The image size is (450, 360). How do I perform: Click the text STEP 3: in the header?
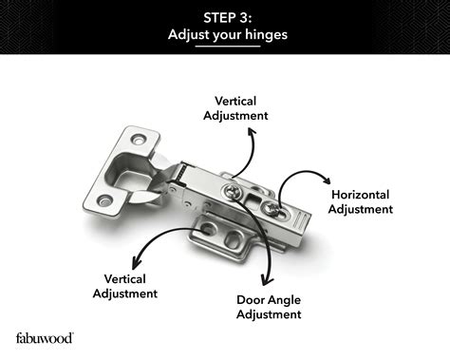point(225,16)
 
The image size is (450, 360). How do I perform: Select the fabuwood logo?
point(45,337)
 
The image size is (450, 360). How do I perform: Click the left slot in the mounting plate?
point(209,229)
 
